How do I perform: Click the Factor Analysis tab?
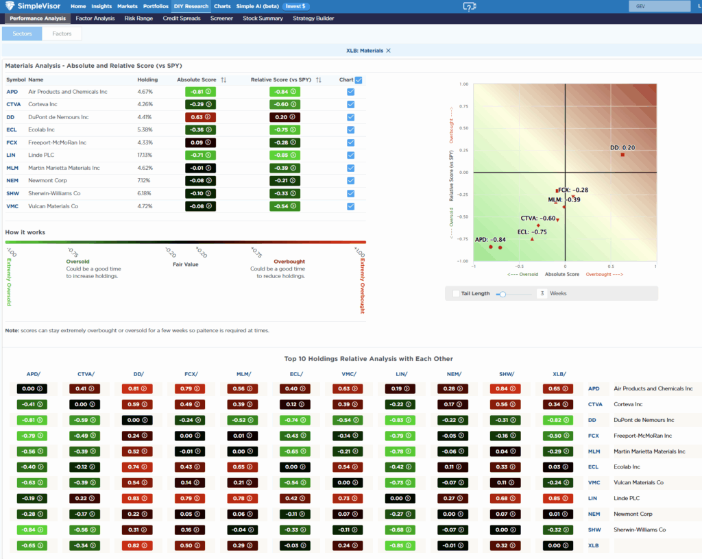pos(95,18)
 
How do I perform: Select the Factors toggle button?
pos(62,34)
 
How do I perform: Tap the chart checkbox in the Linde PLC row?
pos(351,156)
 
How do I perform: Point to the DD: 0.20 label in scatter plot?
pos(622,147)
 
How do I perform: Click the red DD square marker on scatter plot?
pos(622,155)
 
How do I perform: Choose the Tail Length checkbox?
pos(457,293)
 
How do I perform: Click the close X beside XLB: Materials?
pos(389,51)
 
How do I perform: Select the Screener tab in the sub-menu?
pos(221,18)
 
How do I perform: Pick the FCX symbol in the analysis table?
pos(12,142)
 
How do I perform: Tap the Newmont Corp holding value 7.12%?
pos(145,181)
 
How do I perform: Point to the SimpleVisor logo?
pos(33,6)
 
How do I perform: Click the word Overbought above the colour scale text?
pos(289,262)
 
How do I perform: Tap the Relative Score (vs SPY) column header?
pos(281,80)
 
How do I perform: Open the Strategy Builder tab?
pos(313,18)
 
